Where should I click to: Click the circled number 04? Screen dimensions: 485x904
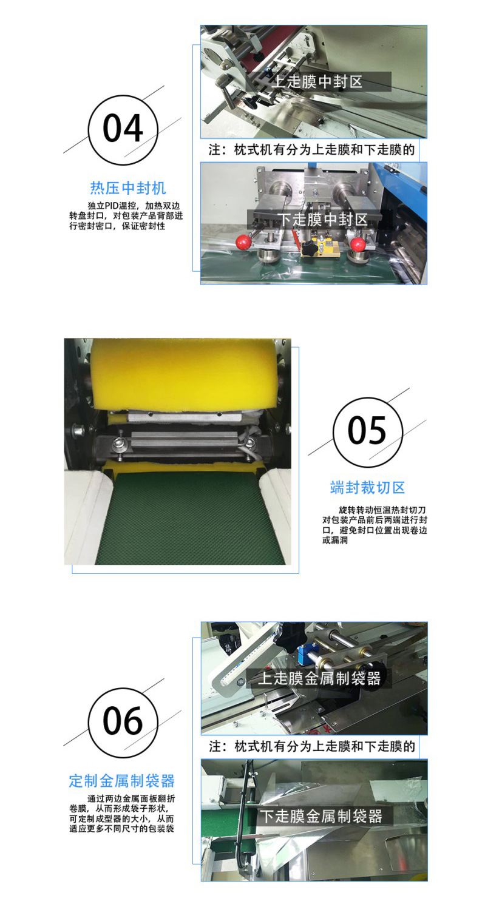123,130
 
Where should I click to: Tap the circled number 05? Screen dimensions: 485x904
367,432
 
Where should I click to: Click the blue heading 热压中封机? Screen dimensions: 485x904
127,188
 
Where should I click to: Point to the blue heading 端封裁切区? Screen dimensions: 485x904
367,488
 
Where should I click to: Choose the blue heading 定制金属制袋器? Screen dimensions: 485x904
122,781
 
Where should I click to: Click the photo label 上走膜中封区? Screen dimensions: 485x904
317,82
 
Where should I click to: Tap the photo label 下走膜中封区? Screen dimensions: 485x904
322,220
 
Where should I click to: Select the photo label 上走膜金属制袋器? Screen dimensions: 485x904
319,678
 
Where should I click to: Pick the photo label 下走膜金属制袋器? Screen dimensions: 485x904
321,816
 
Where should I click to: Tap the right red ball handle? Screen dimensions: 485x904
358,243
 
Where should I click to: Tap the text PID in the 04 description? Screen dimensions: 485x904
112,206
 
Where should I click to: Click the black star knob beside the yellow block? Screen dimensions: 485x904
308,247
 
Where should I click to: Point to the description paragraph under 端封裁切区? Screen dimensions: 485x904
375,525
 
